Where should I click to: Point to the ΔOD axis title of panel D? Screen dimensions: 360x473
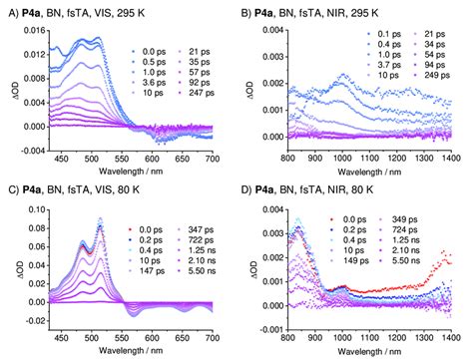[244, 269]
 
